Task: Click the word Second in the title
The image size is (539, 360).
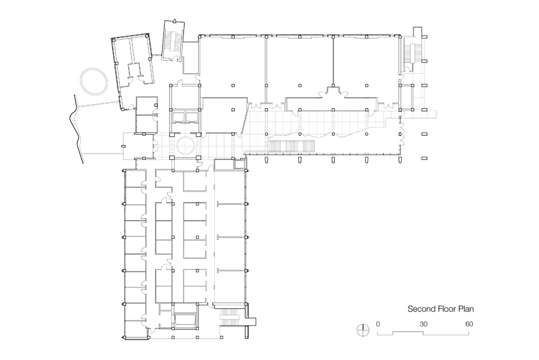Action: pyautogui.click(x=423, y=310)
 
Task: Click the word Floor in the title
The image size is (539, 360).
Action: pyautogui.click(x=450, y=310)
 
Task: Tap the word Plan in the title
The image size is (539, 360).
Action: pyautogui.click(x=471, y=310)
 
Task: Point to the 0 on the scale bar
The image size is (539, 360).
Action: pyautogui.click(x=378, y=324)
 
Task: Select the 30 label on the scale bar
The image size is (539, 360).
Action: pyautogui.click(x=423, y=324)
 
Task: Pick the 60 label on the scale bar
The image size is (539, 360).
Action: pyautogui.click(x=468, y=324)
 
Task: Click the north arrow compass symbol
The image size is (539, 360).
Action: pyautogui.click(x=363, y=330)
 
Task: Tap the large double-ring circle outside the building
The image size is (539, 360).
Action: pyautogui.click(x=95, y=82)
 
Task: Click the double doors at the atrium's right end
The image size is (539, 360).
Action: pyautogui.click(x=403, y=134)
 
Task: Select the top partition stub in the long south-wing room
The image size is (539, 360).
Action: pyautogui.click(x=231, y=204)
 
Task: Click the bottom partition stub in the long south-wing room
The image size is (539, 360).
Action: pyautogui.click(x=231, y=271)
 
